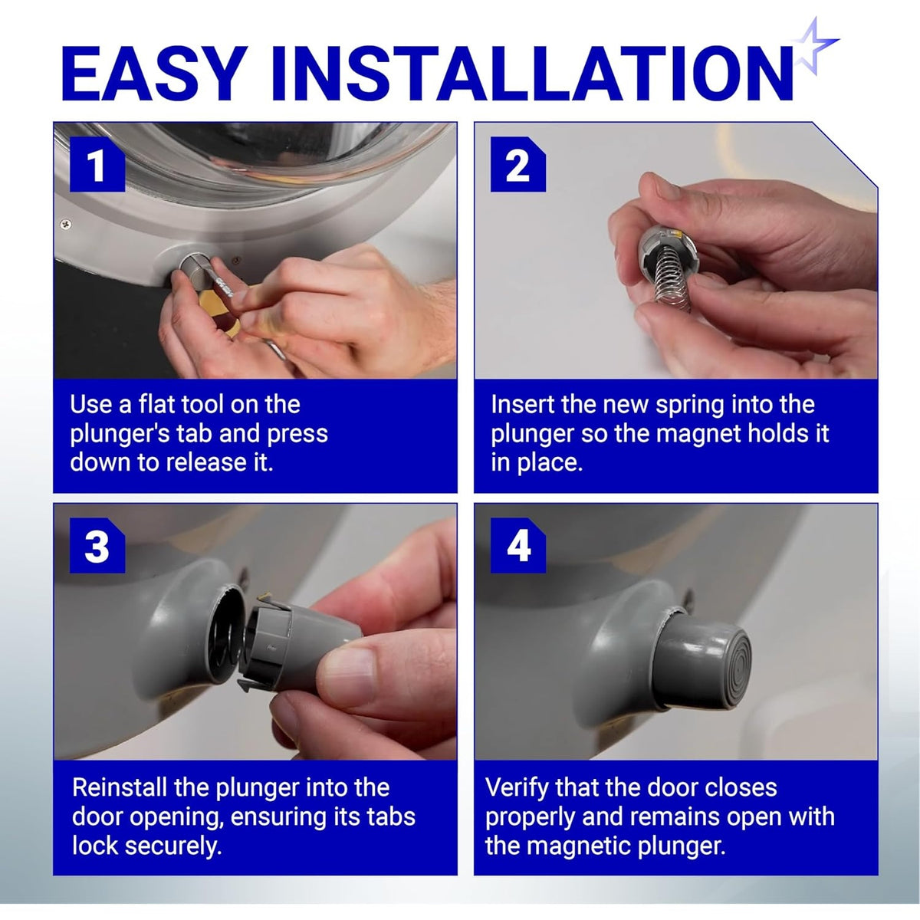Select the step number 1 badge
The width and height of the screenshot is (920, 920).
click(97, 164)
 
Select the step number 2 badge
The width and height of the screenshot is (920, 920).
click(518, 164)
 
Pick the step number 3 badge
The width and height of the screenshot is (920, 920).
click(97, 545)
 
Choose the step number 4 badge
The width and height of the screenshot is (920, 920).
click(518, 545)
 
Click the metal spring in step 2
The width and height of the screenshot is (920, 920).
click(670, 282)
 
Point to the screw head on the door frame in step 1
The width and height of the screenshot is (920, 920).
click(65, 223)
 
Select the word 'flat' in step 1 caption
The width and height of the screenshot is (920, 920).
click(156, 404)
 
